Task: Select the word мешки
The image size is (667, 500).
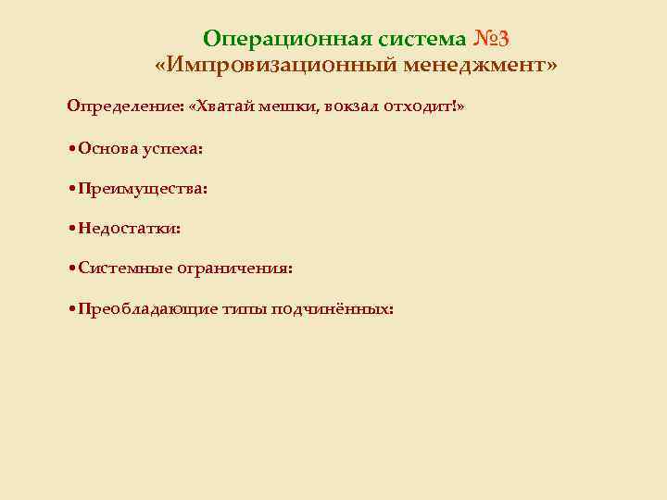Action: [x=286, y=106]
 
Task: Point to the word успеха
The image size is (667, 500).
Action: [x=173, y=148]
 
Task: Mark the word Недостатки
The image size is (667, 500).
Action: [x=129, y=228]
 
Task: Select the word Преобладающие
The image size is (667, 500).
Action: [x=148, y=309]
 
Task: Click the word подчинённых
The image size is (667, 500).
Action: [x=333, y=309]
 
